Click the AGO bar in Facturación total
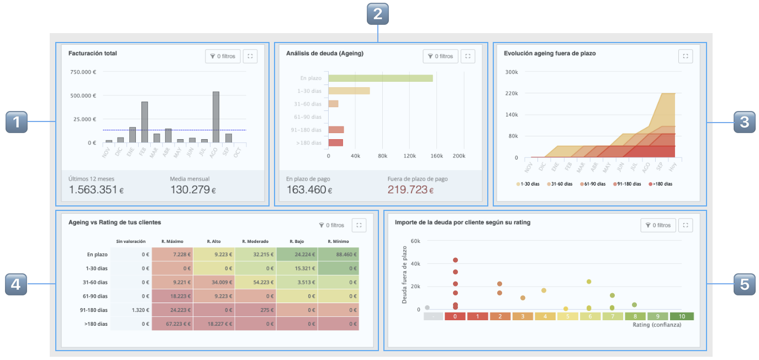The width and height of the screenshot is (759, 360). (x=215, y=117)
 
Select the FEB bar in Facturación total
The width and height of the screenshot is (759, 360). (x=144, y=122)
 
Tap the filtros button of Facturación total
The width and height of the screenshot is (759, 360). (x=223, y=56)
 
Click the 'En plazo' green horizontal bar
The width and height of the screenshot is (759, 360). (x=381, y=78)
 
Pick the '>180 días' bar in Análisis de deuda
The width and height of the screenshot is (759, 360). (x=336, y=142)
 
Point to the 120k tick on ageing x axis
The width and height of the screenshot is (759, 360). (x=409, y=156)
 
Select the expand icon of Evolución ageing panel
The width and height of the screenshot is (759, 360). (x=685, y=56)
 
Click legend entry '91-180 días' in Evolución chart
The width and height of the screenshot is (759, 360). (x=626, y=184)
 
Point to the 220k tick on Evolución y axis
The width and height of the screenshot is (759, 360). (x=512, y=93)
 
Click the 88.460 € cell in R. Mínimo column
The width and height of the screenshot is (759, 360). (x=338, y=254)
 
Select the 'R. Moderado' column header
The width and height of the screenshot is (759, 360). (x=255, y=241)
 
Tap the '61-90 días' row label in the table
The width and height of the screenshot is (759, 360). (x=97, y=297)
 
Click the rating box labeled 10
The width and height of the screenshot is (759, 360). (x=682, y=316)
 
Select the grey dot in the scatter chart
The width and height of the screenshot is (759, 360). (x=427, y=308)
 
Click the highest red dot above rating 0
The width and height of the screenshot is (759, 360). (x=455, y=260)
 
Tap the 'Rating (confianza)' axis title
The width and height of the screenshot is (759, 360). (x=657, y=325)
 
